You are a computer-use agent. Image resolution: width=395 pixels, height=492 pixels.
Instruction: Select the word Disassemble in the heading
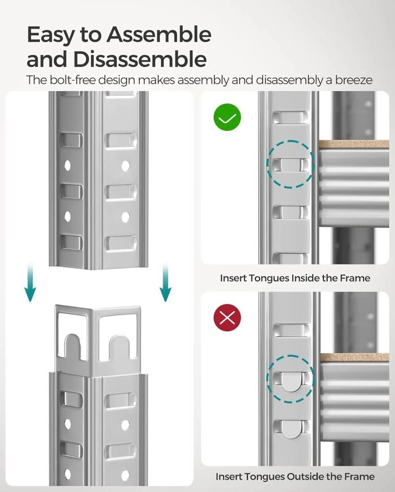click(141, 59)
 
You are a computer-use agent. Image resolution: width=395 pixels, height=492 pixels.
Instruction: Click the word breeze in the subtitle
click(354, 80)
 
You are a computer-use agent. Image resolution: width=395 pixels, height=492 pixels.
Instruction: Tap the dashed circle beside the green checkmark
click(290, 164)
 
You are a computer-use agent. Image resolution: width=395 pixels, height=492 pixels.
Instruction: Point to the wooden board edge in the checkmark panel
click(354, 144)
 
